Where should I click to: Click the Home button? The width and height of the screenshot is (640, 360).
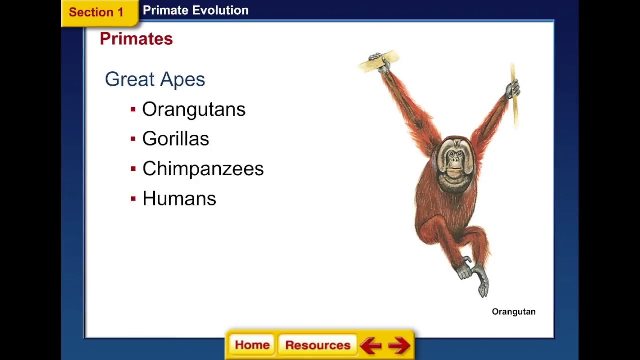pyautogui.click(x=252, y=345)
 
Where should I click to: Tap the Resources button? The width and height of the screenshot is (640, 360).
pyautogui.click(x=318, y=345)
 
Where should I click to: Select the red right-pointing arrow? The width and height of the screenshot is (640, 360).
pyautogui.click(x=399, y=345)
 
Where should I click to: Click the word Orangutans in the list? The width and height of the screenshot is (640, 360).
pyautogui.click(x=194, y=109)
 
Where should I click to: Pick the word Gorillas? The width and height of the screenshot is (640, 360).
pyautogui.click(x=175, y=139)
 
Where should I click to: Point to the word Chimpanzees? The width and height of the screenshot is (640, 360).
pyautogui.click(x=203, y=169)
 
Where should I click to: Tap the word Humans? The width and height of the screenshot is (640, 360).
pyautogui.click(x=179, y=199)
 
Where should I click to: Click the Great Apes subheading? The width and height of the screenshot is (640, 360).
pyautogui.click(x=155, y=79)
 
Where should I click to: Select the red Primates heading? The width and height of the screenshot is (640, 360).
pyautogui.click(x=136, y=39)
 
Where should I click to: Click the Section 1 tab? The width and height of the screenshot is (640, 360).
pyautogui.click(x=96, y=12)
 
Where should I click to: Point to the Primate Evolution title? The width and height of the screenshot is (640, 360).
pyautogui.click(x=195, y=10)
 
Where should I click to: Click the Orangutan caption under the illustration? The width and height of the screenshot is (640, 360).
pyautogui.click(x=513, y=312)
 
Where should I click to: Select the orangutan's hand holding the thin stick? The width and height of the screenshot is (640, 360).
pyautogui.click(x=513, y=90)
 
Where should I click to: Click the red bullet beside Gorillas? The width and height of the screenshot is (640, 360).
pyautogui.click(x=133, y=139)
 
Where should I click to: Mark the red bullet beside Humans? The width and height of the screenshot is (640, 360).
pyautogui.click(x=133, y=199)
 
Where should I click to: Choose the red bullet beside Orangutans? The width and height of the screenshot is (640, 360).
pyautogui.click(x=133, y=109)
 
